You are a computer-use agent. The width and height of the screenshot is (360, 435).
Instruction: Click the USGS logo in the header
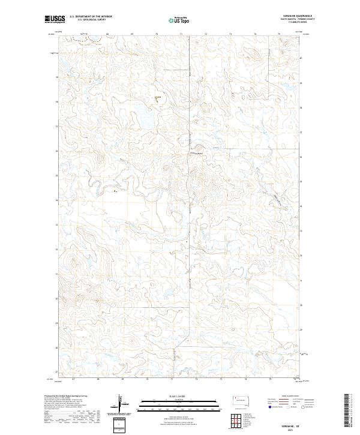[55, 19]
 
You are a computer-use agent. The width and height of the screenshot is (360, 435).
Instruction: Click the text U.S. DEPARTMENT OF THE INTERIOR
[91, 17]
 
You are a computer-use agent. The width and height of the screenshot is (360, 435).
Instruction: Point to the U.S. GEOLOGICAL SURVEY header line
[88, 20]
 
